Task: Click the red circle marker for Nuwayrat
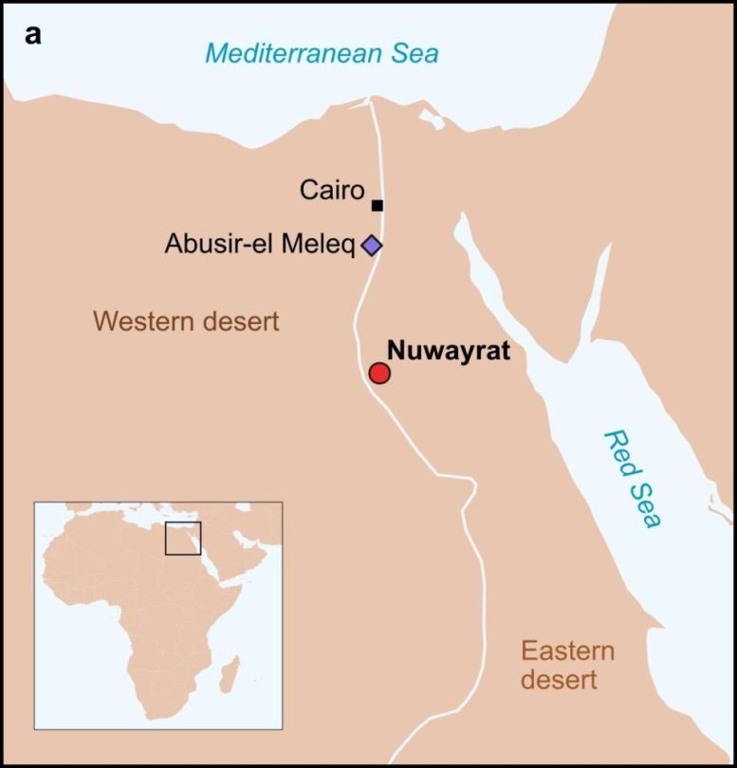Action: click(379, 373)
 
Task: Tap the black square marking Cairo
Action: click(378, 205)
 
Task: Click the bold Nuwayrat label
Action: click(449, 353)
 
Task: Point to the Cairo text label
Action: click(332, 191)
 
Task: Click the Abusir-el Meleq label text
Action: click(260, 245)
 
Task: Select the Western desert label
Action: click(186, 321)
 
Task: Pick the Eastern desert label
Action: click(566, 666)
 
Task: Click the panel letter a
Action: click(34, 35)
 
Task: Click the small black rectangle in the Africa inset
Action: click(183, 539)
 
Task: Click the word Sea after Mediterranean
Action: click(410, 53)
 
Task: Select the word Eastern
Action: click(567, 651)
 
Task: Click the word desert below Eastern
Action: click(566, 680)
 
